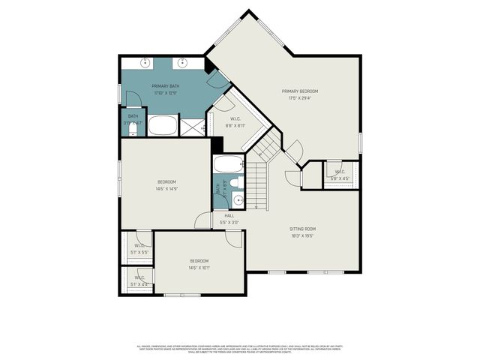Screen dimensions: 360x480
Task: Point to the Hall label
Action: pos(229,216)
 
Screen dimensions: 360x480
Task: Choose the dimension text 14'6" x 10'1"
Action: pos(199,268)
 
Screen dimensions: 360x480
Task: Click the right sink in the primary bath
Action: pos(182,63)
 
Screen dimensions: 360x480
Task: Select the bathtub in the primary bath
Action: pos(162,124)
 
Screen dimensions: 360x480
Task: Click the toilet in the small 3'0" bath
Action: pos(133,130)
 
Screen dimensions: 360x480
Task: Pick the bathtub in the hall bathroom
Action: pos(229,164)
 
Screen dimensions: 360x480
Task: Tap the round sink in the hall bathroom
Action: pos(237,199)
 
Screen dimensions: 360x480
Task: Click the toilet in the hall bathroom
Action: pos(235,182)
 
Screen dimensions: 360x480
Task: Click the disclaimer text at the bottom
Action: pos(240,349)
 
